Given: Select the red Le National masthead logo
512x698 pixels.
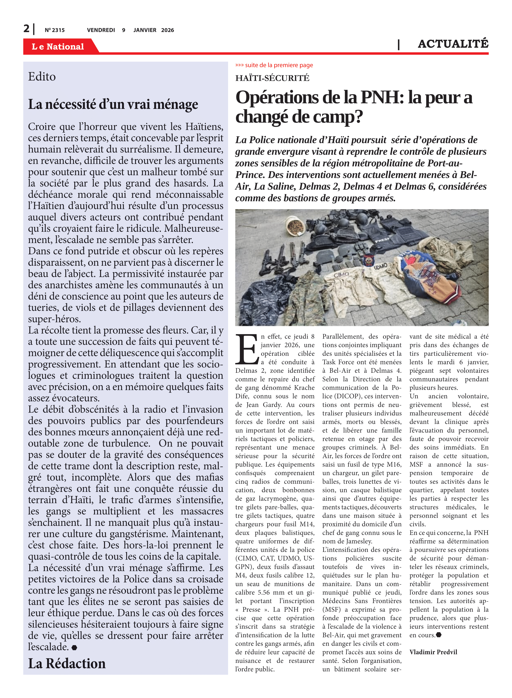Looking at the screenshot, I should point(58,47).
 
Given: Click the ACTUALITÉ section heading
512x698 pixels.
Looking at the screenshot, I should point(453,44).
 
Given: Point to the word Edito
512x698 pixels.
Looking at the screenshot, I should point(42,77).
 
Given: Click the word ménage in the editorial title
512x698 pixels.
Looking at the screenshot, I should point(175,104).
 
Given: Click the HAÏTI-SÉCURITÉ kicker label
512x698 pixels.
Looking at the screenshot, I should point(272,78).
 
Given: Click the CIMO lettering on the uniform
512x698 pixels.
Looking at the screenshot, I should point(341,275).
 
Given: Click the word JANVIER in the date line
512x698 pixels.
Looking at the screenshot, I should point(145,30).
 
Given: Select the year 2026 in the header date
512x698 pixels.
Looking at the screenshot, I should point(167,30).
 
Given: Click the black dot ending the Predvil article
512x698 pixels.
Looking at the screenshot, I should point(438,635).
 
